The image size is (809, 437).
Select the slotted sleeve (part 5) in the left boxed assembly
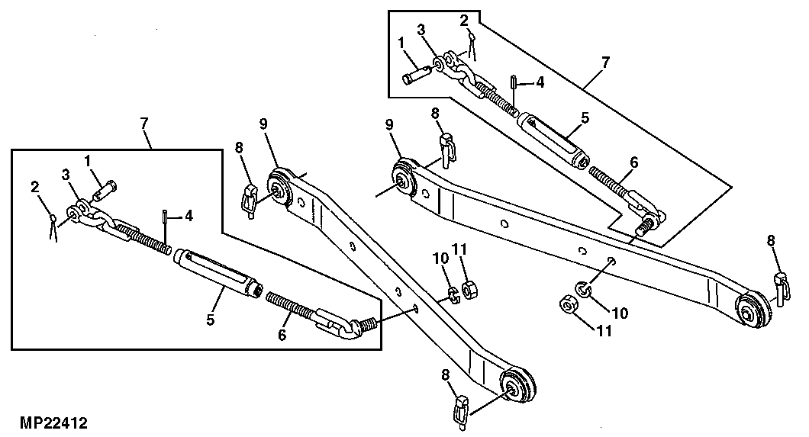(x=220, y=270)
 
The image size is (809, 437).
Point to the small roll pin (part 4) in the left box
(x=166, y=217)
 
